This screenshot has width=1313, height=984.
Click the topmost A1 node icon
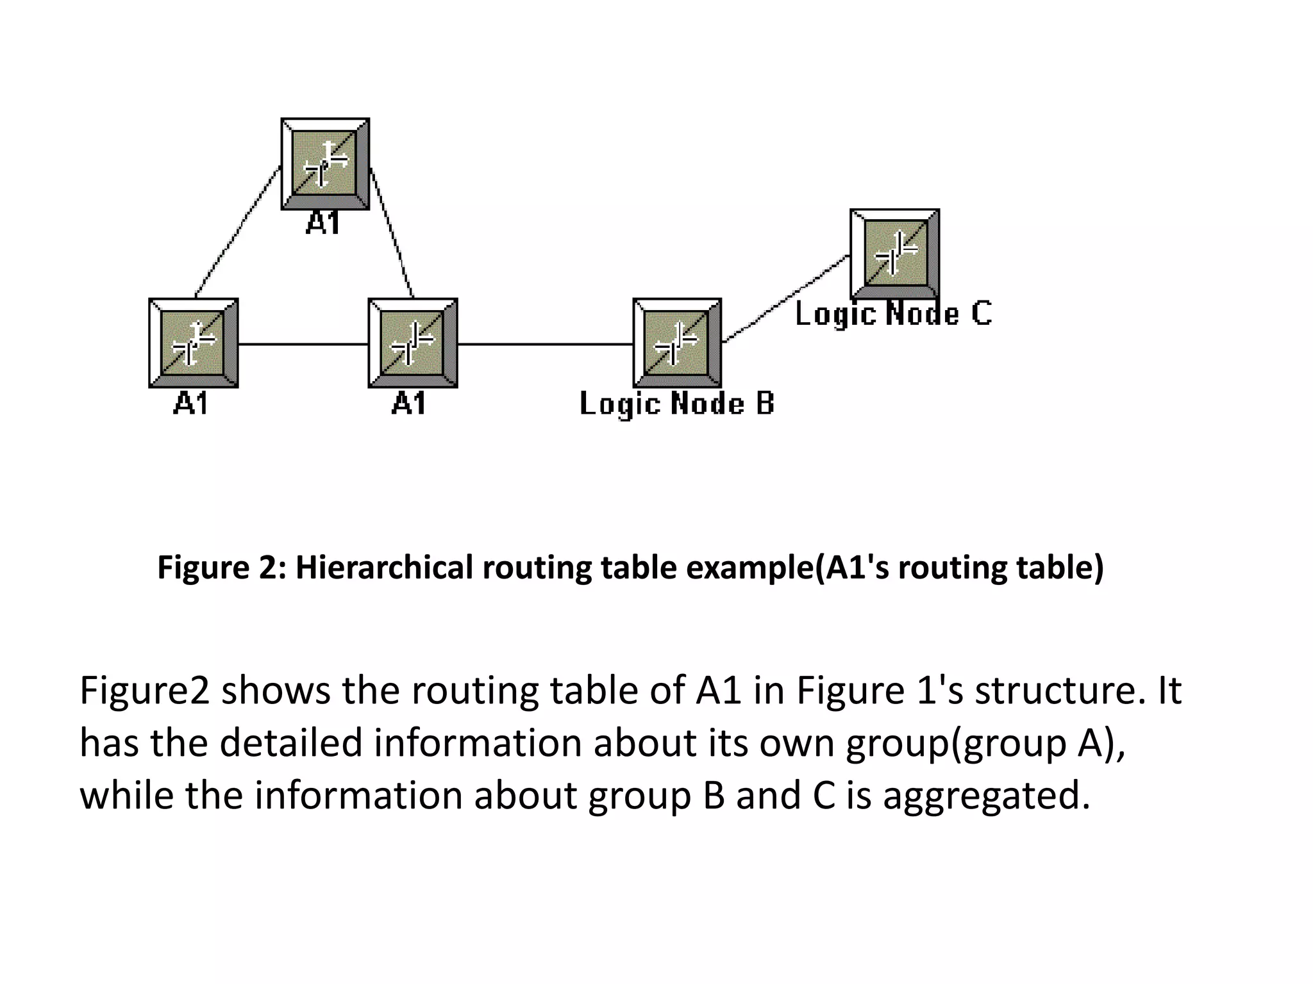[x=325, y=163]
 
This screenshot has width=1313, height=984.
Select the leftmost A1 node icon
[x=194, y=343]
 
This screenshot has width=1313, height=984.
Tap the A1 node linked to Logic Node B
[x=413, y=343]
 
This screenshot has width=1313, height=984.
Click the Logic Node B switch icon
[x=677, y=343]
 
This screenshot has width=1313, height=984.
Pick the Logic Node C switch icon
[x=895, y=253]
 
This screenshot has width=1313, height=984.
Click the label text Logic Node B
[x=677, y=404]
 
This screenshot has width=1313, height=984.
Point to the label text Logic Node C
[x=894, y=314]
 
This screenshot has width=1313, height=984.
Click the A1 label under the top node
[x=322, y=224]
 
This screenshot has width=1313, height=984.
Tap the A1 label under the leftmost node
[x=191, y=404]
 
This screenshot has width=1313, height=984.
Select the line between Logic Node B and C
[x=785, y=299]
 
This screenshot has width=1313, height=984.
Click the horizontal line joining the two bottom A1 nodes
[x=303, y=344]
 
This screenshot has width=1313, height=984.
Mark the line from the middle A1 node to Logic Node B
[x=545, y=344]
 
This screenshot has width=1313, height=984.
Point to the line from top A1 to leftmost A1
[x=237, y=232]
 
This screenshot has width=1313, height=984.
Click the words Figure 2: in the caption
[x=222, y=568]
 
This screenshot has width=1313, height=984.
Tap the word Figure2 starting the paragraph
[x=145, y=691]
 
